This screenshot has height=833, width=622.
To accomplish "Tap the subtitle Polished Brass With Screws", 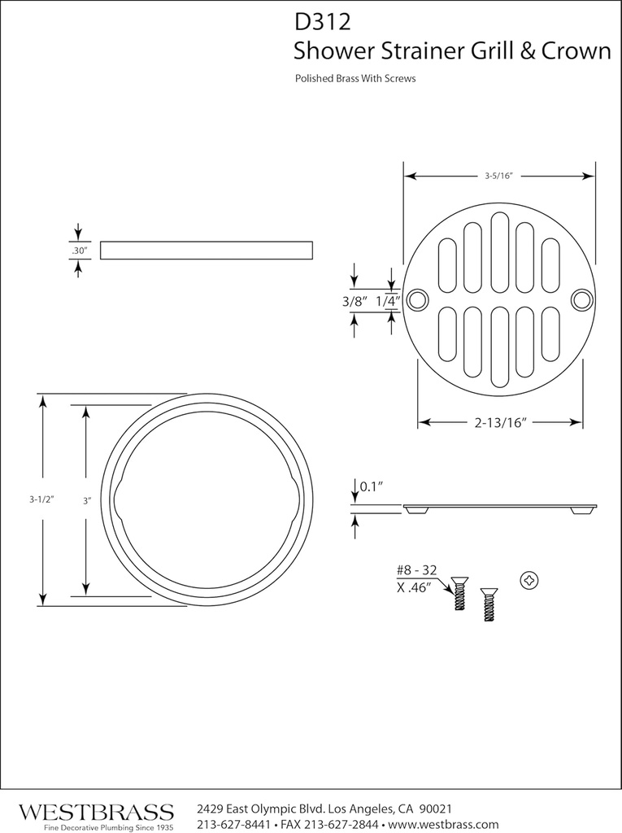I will point(355,80).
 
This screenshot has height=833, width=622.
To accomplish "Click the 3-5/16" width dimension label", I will point(498,176).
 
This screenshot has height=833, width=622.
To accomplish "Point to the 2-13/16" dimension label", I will point(500,422).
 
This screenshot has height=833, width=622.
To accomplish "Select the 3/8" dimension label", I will point(354,301).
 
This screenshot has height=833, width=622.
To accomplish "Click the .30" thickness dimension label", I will point(79,251).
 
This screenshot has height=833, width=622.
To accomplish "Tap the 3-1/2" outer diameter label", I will point(40,500).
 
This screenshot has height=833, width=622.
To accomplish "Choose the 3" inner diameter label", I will point(86,501).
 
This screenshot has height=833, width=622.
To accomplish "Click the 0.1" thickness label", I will point(372,486).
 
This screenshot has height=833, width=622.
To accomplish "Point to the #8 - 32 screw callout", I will point(416,571).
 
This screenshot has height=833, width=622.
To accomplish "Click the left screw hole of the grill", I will point(418,299).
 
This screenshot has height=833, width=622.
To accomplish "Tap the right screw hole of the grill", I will point(581,299).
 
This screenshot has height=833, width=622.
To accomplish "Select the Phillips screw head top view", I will point(529,580).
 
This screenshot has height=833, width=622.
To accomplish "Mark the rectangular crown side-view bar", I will point(207,250).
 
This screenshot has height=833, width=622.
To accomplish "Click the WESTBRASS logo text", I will point(96,812).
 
